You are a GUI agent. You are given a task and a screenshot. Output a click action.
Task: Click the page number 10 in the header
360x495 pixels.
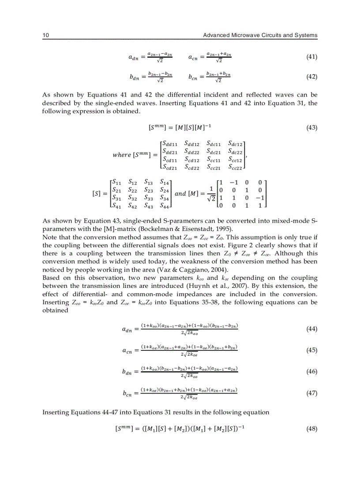(x=45, y=35)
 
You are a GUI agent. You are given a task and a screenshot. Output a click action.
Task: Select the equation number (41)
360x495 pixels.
(x=311, y=57)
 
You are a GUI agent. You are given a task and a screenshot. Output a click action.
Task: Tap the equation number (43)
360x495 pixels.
(x=311, y=128)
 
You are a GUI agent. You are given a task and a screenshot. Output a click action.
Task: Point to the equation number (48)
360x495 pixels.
(x=311, y=429)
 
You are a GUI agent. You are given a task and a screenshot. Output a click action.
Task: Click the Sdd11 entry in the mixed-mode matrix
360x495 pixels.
(x=170, y=143)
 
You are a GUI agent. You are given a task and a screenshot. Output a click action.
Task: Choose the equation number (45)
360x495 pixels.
(x=311, y=350)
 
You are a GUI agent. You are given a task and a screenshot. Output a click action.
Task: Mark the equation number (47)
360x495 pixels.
(x=311, y=393)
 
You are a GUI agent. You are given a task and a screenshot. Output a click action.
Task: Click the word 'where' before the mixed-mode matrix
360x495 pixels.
(x=122, y=155)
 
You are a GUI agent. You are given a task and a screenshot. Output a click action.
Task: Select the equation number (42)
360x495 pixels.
(x=311, y=77)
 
